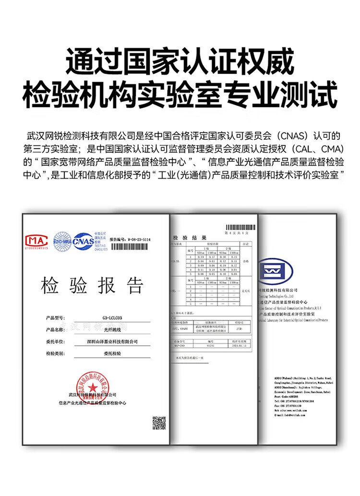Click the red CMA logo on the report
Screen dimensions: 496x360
36,240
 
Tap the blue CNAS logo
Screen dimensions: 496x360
83,239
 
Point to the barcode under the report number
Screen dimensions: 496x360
130,246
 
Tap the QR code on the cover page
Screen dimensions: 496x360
159,423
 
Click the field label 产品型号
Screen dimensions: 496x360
55,318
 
